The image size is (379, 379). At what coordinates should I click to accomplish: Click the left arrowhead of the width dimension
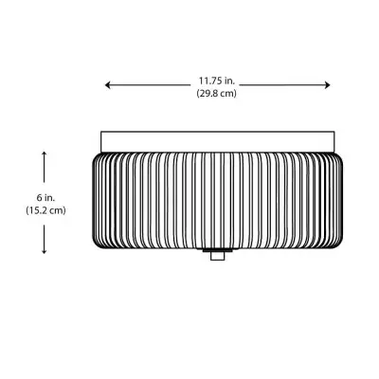pos(107,85)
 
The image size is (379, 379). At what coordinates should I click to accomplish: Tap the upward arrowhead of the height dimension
pos(45,152)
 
